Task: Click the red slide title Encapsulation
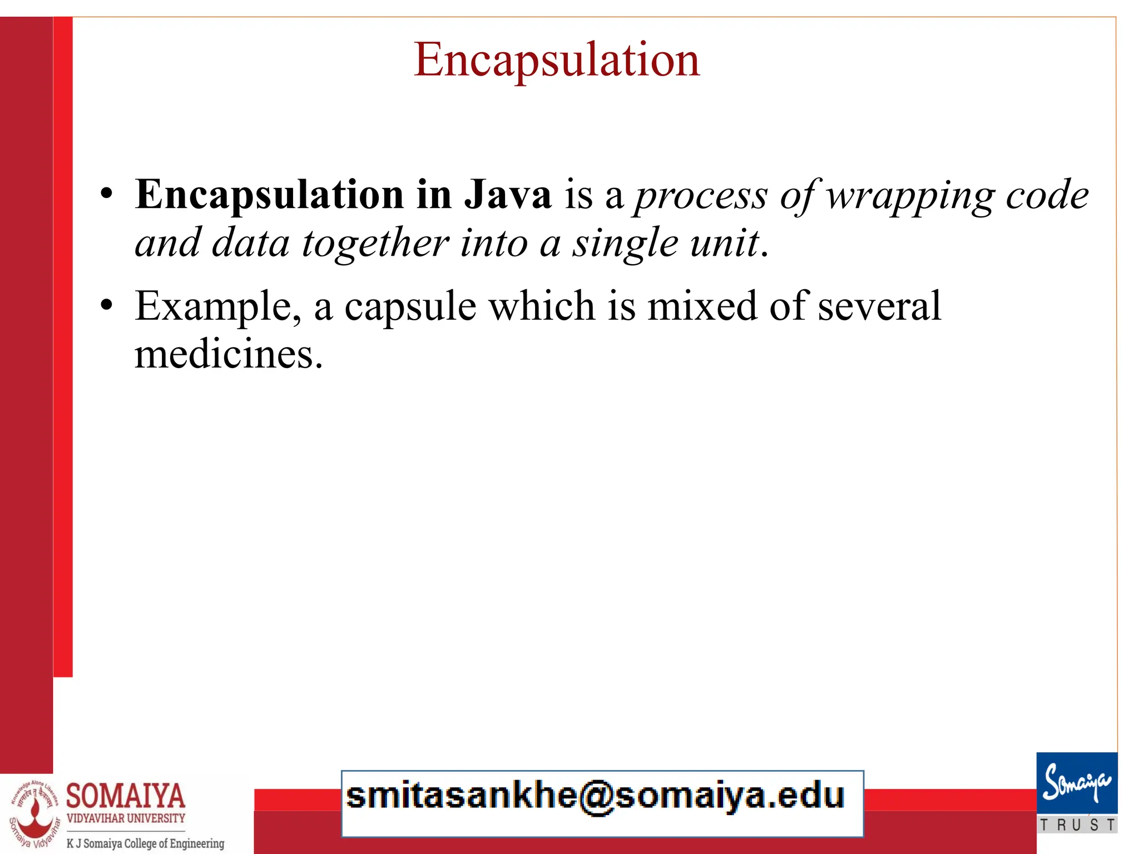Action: pos(556,60)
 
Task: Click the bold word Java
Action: pos(508,195)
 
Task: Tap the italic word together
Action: pos(375,244)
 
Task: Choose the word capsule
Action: pos(410,307)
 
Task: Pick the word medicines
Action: pos(228,355)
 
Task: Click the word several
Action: pos(879,306)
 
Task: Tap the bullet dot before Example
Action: pos(106,305)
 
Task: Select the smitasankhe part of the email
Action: pos(462,796)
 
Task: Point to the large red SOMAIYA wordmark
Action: pos(126,795)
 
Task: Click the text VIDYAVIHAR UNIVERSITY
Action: pos(126,818)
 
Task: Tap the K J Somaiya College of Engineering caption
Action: pos(145,843)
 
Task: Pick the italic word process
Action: pos(701,196)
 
